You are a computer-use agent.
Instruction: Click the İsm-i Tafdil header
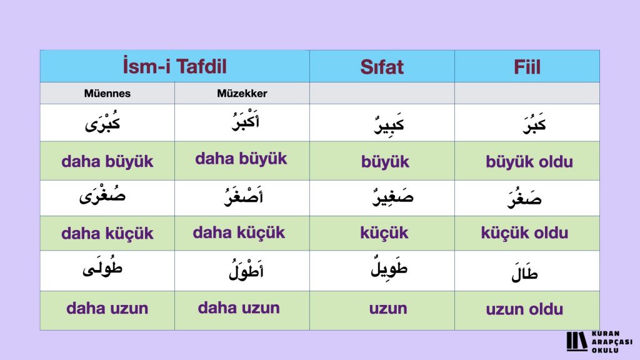point(175,66)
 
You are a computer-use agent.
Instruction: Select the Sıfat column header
point(382,67)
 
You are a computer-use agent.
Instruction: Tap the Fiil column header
point(527,67)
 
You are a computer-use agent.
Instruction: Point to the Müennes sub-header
point(107,94)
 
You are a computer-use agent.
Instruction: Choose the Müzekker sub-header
point(242,94)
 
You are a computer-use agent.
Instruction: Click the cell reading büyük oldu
point(529,162)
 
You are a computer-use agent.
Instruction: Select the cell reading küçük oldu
point(524,233)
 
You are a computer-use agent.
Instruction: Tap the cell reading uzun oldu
point(524,309)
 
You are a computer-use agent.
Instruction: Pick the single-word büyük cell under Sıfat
point(385,162)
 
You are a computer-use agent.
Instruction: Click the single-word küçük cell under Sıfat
point(384,233)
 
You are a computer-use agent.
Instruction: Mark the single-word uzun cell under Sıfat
point(388,309)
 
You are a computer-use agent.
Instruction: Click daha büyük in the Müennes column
point(107,162)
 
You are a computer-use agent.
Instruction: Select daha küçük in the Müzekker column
point(239,232)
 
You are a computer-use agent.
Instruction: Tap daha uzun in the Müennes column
point(107,308)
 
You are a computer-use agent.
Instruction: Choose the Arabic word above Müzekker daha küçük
point(244,196)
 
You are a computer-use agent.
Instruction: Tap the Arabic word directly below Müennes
point(102,122)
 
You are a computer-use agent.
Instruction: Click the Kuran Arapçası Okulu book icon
point(577,341)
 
